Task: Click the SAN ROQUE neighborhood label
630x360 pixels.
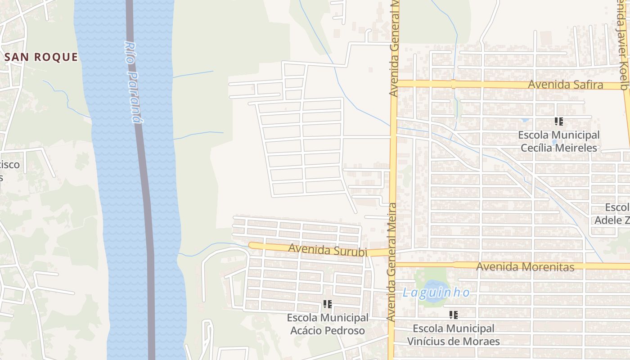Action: (41, 57)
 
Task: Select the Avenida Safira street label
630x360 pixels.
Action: (565, 85)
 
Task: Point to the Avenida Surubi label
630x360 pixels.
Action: (327, 250)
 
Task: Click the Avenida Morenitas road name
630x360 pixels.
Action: (525, 267)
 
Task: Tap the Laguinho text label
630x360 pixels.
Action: (436, 293)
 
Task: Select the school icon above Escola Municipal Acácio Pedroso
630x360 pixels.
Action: (328, 305)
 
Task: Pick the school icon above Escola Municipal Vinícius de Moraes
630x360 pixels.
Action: (454, 315)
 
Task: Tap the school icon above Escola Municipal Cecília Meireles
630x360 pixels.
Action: (559, 121)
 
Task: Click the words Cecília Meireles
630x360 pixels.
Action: (558, 148)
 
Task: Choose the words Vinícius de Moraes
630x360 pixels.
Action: (453, 341)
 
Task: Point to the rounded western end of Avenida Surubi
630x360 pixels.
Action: (252, 245)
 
